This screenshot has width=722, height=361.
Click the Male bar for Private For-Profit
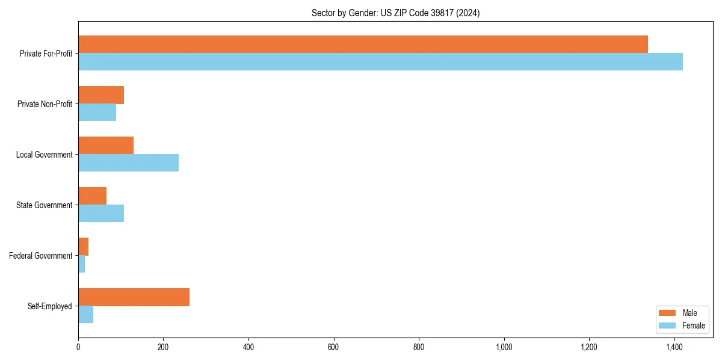(363, 45)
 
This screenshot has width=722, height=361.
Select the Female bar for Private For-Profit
(380, 62)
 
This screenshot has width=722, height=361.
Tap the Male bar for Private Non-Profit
(101, 95)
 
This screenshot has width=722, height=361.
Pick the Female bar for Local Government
(128, 163)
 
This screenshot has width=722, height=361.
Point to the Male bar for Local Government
(106, 146)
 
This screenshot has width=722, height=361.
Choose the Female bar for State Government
(101, 214)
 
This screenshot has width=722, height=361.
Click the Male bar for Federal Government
(84, 247)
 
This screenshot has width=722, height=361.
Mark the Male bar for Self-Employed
(134, 297)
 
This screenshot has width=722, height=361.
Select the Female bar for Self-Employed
(86, 315)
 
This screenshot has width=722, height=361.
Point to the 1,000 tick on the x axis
(504, 347)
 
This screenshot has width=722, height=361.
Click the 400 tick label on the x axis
(248, 347)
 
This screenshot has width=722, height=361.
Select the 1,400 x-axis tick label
(674, 347)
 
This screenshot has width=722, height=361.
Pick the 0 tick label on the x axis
(78, 347)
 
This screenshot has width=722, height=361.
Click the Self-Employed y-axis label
(50, 306)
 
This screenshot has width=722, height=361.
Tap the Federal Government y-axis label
(41, 256)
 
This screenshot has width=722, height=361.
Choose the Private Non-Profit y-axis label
(45, 104)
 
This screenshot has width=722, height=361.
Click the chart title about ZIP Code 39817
(395, 13)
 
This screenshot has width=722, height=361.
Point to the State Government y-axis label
(45, 205)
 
